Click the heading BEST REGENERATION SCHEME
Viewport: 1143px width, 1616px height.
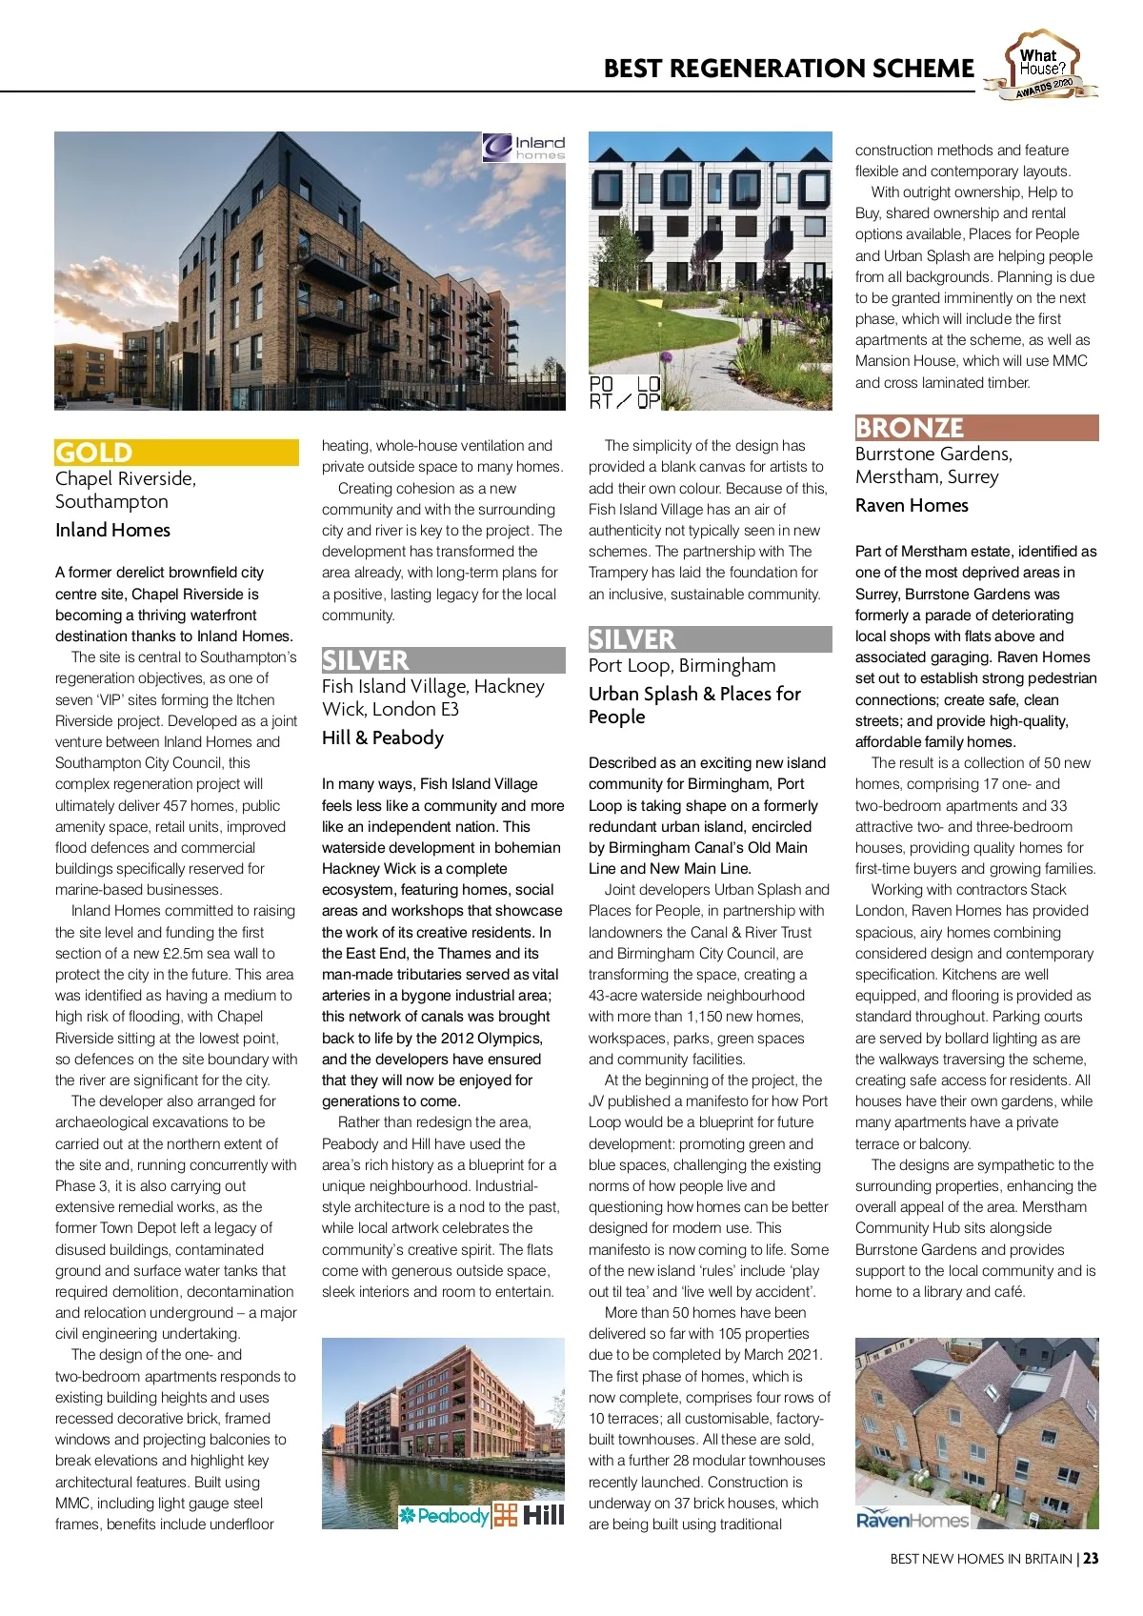[789, 69]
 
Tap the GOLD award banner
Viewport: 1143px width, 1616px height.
[176, 453]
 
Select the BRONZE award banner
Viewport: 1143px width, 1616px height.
[976, 428]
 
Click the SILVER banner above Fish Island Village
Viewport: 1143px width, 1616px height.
[443, 660]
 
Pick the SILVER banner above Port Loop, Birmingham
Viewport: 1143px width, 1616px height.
[710, 639]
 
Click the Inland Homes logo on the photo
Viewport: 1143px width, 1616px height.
[524, 148]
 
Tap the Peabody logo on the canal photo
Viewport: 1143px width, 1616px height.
[444, 1515]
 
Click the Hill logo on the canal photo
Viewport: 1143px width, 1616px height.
[530, 1515]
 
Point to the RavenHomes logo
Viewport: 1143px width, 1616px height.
[912, 1520]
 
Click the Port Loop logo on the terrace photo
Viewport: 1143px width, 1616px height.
[624, 393]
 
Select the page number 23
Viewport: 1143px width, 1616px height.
[1091, 1559]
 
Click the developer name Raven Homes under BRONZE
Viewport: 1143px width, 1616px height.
[912, 506]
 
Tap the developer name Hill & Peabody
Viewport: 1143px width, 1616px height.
[383, 738]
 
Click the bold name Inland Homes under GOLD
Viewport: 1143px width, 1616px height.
[112, 531]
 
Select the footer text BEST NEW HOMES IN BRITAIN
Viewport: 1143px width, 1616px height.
[981, 1559]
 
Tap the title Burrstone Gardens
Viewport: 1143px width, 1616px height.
[932, 454]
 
